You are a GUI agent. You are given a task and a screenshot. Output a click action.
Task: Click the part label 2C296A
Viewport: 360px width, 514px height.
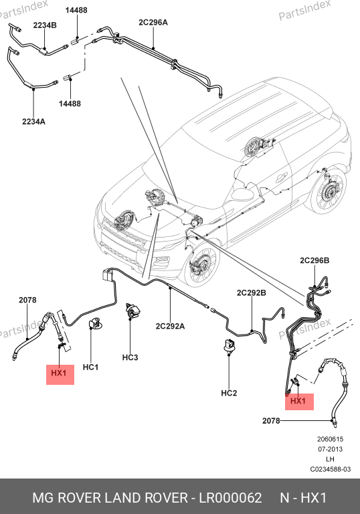click(153, 22)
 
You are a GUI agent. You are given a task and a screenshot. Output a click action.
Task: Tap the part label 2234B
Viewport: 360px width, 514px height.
click(45, 25)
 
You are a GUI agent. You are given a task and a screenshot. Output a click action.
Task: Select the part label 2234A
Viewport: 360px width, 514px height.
click(33, 122)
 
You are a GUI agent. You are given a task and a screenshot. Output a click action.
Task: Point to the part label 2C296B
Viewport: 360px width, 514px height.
click(314, 260)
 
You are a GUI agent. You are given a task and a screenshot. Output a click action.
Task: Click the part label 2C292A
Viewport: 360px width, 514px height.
click(170, 326)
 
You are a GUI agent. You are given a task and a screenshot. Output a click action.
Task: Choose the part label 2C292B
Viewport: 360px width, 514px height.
click(252, 292)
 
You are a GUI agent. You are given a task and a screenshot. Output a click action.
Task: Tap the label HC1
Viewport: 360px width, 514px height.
click(90, 367)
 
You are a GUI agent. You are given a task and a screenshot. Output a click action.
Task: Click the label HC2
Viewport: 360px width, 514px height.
click(229, 393)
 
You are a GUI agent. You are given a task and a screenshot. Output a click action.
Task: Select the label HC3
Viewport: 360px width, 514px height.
click(130, 357)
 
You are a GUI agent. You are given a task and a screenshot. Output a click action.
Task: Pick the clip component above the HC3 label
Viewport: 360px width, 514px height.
click(132, 311)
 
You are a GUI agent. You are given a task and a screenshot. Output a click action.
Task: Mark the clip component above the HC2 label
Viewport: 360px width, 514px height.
click(229, 345)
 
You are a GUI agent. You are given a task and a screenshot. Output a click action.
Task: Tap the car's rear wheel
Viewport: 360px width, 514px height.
click(328, 190)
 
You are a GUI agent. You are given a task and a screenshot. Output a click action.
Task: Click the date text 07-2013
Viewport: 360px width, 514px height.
click(330, 449)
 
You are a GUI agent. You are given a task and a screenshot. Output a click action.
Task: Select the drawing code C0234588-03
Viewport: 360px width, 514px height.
click(330, 469)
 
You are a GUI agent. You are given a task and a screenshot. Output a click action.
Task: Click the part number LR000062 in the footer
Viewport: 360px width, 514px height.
click(230, 498)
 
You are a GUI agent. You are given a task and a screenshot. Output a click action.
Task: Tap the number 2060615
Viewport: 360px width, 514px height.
click(330, 439)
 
